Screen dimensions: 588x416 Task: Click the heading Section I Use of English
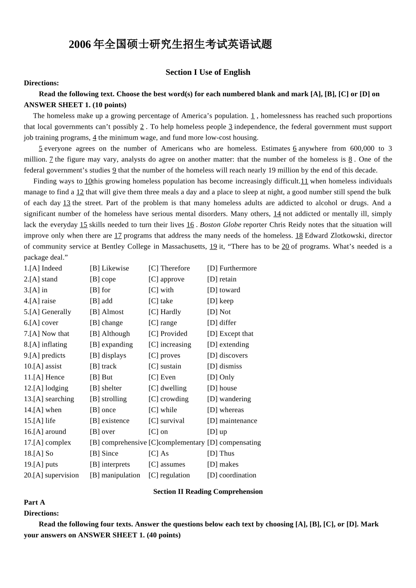(x=208, y=72)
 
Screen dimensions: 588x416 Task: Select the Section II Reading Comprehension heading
(x=208, y=491)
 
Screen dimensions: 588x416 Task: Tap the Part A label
(x=35, y=502)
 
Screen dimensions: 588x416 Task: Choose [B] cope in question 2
(x=103, y=279)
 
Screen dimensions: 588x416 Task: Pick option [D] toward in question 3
(x=223, y=290)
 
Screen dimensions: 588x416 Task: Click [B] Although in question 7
(x=110, y=334)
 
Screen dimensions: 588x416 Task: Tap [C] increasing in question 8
(x=170, y=345)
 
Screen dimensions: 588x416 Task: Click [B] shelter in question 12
(x=106, y=388)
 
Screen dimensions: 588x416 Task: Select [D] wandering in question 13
(x=229, y=399)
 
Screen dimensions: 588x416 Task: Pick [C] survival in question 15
(x=166, y=421)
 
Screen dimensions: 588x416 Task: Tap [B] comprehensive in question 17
(x=118, y=443)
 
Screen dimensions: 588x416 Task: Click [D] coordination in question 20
(x=232, y=475)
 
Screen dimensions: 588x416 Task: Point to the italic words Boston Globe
(x=220, y=225)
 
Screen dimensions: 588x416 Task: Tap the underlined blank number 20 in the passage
(x=285, y=247)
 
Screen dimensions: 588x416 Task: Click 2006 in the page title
(x=80, y=45)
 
